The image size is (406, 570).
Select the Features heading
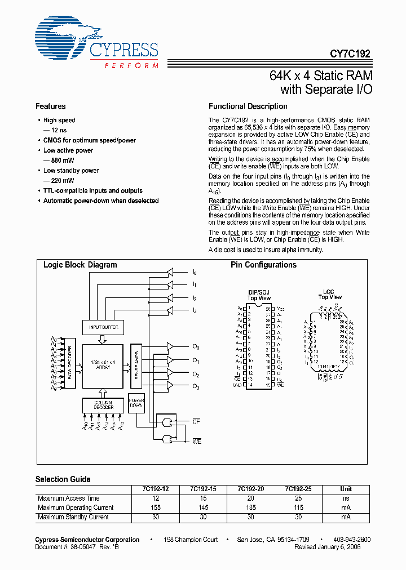[x=51, y=106]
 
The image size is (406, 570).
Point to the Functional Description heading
[x=248, y=106]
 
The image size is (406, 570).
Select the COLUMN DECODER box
[x=103, y=404]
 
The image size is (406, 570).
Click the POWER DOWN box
[x=136, y=403]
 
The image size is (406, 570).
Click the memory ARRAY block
[x=103, y=365]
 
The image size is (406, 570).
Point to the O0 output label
[x=196, y=348]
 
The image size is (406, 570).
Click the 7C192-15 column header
[x=204, y=489]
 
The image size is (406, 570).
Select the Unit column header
[x=346, y=489]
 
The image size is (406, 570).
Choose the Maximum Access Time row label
[x=69, y=498]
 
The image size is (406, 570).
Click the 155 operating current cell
[x=156, y=508]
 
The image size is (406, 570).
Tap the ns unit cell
[x=346, y=498]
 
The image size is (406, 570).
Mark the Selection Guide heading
[x=63, y=479]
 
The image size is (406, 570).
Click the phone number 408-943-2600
[x=351, y=540]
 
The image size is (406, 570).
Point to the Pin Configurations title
[x=263, y=265]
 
